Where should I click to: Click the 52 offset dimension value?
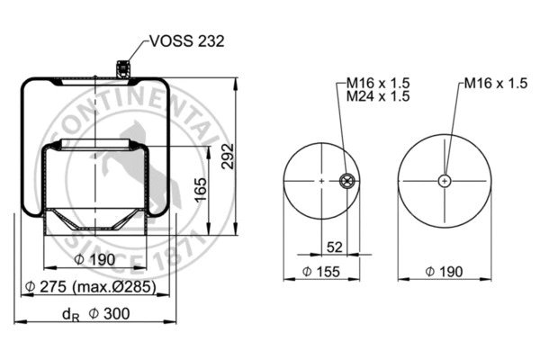334,247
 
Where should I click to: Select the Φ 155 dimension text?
320,271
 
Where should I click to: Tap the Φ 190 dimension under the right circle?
445,271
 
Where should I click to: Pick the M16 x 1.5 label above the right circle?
495,83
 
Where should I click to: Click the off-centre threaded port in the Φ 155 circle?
346,182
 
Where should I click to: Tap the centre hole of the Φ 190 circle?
445,182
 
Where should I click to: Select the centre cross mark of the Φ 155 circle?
321,182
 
